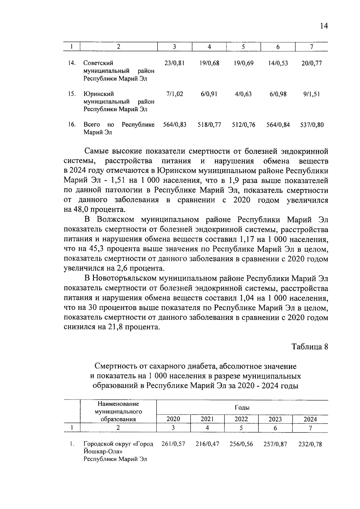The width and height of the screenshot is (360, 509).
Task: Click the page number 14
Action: [x=324, y=26]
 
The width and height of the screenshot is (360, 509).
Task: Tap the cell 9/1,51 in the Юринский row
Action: [x=311, y=94]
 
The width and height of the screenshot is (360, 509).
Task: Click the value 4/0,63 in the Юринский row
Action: [x=243, y=94]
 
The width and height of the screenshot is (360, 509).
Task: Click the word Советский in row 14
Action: [x=98, y=63]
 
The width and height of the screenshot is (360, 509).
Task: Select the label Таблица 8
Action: [x=310, y=347]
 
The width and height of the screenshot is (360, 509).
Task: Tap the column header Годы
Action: [x=242, y=408]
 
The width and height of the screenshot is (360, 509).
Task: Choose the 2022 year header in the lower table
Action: [x=241, y=419]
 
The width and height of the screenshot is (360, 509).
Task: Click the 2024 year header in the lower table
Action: [x=310, y=419]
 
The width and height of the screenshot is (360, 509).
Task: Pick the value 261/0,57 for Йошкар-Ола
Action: [x=173, y=444]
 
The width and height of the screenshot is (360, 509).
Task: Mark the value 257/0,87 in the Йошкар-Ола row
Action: [x=275, y=444]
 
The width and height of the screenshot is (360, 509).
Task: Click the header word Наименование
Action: [x=118, y=404]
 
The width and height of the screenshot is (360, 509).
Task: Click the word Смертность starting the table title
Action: [x=115, y=366]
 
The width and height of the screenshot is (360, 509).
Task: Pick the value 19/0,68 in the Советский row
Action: [x=209, y=63]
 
